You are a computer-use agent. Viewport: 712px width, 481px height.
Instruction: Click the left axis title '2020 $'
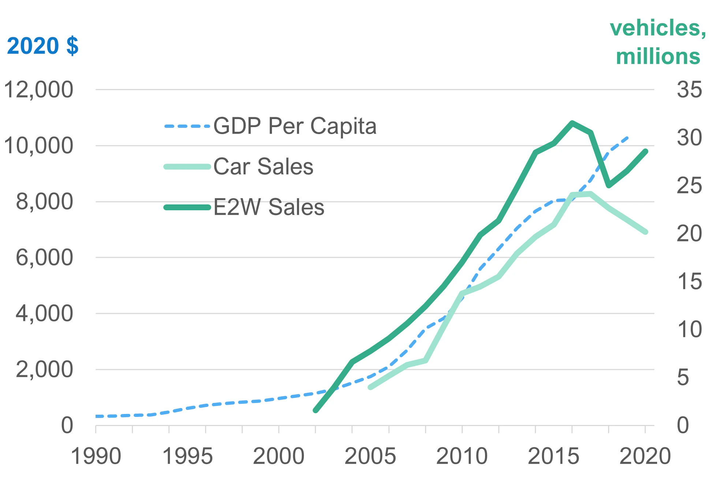pyautogui.click(x=42, y=46)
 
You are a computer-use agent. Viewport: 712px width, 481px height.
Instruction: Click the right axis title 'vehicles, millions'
pyautogui.click(x=657, y=42)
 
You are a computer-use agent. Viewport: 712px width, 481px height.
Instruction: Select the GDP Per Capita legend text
pyautogui.click(x=295, y=126)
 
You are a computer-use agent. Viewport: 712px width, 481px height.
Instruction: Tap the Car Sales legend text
pyautogui.click(x=263, y=167)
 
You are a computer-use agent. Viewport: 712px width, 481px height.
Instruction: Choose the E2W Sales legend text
pyautogui.click(x=269, y=207)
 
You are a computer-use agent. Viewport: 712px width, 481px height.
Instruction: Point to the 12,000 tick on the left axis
pyautogui.click(x=38, y=90)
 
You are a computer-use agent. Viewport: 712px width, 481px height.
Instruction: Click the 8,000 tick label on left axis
pyautogui.click(x=44, y=202)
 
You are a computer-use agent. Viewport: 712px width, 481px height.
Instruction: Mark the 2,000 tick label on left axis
pyautogui.click(x=44, y=369)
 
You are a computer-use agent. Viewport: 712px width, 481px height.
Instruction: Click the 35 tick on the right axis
pyautogui.click(x=689, y=90)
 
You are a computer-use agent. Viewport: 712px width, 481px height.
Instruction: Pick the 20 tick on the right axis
pyautogui.click(x=689, y=233)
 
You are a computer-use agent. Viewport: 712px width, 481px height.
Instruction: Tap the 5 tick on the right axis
pyautogui.click(x=683, y=377)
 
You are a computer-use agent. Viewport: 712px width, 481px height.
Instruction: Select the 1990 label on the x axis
pyautogui.click(x=96, y=456)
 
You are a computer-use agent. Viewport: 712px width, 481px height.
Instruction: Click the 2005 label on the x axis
pyautogui.click(x=370, y=456)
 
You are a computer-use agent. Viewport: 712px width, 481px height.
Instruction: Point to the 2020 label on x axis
pyautogui.click(x=645, y=456)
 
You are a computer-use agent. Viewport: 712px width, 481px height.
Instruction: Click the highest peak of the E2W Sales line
pyautogui.click(x=572, y=123)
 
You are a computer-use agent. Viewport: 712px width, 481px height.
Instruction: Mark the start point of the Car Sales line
pyautogui.click(x=370, y=387)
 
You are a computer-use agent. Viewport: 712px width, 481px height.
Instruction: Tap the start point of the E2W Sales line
pyautogui.click(x=316, y=411)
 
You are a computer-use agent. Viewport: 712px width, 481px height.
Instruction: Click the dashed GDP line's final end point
pyautogui.click(x=627, y=138)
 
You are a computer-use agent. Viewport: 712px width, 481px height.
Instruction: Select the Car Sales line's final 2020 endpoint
pyautogui.click(x=646, y=232)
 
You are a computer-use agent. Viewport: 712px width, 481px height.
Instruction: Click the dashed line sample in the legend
pyautogui.click(x=187, y=126)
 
